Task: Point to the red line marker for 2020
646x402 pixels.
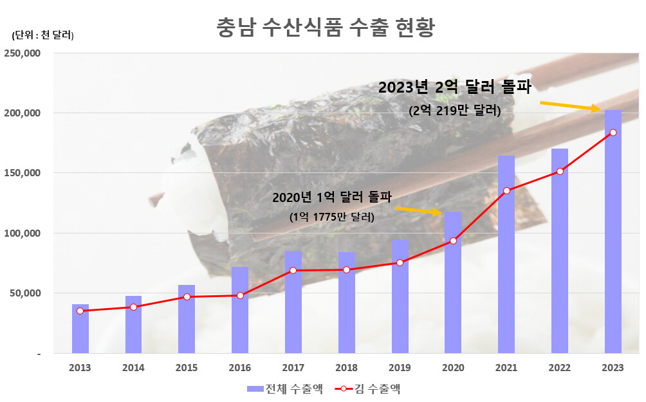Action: (x=453, y=241)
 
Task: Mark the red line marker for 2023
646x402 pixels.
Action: (x=613, y=132)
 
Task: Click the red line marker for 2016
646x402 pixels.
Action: (x=240, y=295)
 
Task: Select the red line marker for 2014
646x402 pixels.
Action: (x=134, y=307)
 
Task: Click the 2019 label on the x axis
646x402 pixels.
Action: (x=400, y=367)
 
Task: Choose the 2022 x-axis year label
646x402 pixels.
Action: (x=560, y=367)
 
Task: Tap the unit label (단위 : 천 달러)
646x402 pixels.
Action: (x=42, y=35)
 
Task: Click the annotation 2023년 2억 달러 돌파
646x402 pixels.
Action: (x=454, y=87)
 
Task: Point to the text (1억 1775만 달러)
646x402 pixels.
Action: (x=331, y=217)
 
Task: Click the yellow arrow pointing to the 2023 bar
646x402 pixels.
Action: (x=570, y=105)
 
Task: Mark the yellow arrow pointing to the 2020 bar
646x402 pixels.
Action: (x=418, y=210)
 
